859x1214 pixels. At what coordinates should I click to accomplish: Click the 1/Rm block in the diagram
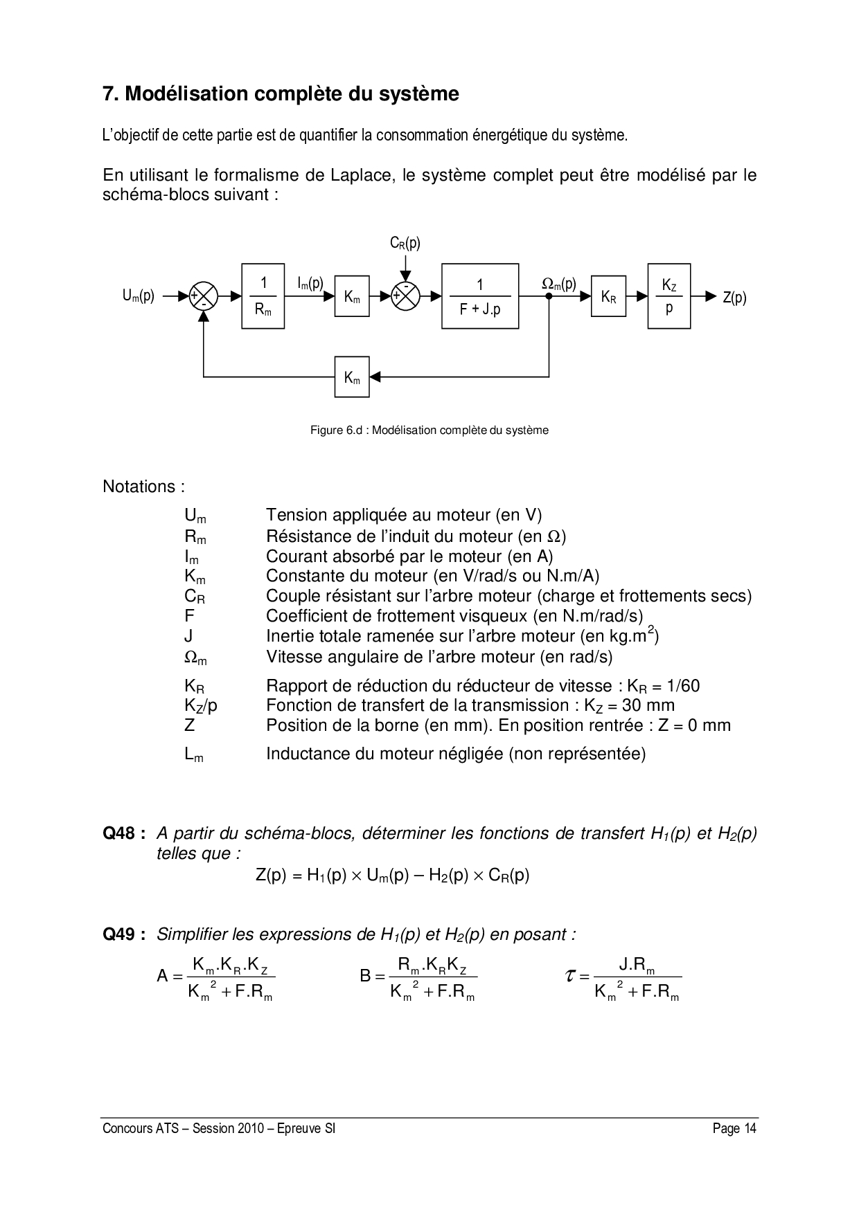[x=263, y=296]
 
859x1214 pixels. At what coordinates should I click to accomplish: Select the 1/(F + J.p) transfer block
[x=480, y=296]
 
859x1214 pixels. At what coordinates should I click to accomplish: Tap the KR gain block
[x=608, y=296]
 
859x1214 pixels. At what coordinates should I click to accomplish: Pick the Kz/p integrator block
[x=669, y=296]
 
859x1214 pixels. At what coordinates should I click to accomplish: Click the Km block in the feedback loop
[x=352, y=377]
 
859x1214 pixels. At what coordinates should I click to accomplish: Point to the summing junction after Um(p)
[x=204, y=296]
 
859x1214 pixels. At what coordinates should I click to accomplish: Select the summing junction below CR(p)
[x=406, y=296]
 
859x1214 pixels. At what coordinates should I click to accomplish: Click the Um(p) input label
[x=139, y=296]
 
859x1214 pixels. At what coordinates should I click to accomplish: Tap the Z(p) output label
[x=734, y=298]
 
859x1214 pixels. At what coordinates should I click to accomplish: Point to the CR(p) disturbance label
[x=405, y=243]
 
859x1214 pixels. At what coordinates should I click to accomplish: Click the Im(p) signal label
[x=310, y=283]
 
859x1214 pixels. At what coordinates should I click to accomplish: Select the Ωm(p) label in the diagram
[x=558, y=283]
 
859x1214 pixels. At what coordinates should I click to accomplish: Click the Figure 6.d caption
[x=429, y=431]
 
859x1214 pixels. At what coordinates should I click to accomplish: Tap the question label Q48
[x=123, y=833]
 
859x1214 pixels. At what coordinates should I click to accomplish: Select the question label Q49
[x=123, y=934]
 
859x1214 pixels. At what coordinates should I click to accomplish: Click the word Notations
[x=143, y=487]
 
